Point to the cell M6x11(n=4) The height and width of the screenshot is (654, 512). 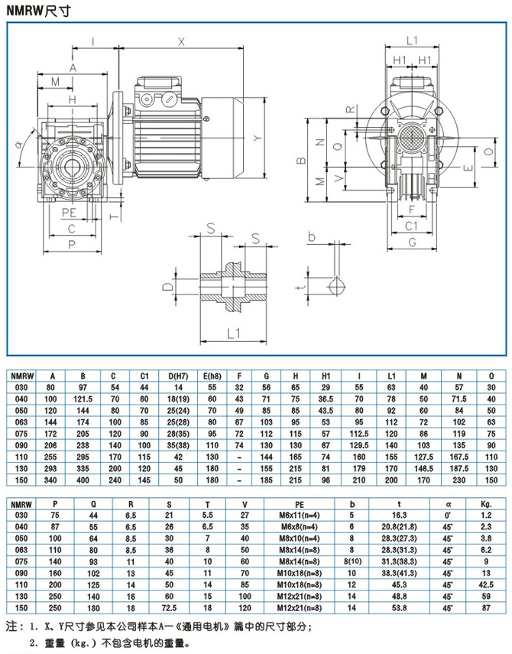coord(295,517)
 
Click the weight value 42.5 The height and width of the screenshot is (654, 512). coord(484,585)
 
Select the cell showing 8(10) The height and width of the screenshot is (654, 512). coord(352,562)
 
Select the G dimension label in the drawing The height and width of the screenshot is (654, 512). coord(410,242)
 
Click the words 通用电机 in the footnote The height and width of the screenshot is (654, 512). coord(222,626)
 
